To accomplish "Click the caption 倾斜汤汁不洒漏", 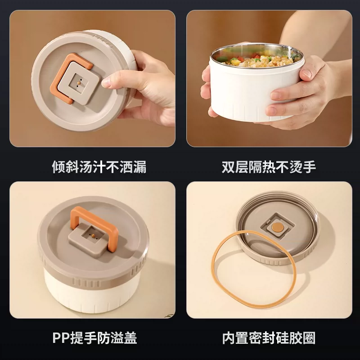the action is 99,167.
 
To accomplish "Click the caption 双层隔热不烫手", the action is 269,167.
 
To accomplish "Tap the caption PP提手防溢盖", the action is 94,338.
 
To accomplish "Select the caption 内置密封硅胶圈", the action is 269,338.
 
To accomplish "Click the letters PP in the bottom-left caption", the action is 61,338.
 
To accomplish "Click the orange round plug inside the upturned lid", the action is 277,227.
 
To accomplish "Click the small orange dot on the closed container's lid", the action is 94,236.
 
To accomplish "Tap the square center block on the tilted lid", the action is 78,83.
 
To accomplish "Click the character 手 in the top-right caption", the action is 309,167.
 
